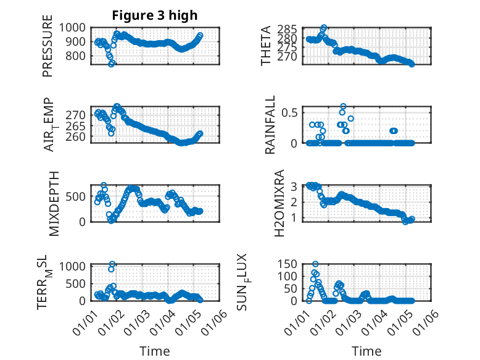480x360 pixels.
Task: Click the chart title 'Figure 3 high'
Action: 155,15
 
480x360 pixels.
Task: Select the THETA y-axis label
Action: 266,45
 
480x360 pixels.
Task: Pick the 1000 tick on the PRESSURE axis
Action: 75,27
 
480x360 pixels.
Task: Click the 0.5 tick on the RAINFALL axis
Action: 289,112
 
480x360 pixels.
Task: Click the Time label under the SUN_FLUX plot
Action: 366,351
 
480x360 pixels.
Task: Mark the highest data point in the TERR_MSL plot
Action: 112,264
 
